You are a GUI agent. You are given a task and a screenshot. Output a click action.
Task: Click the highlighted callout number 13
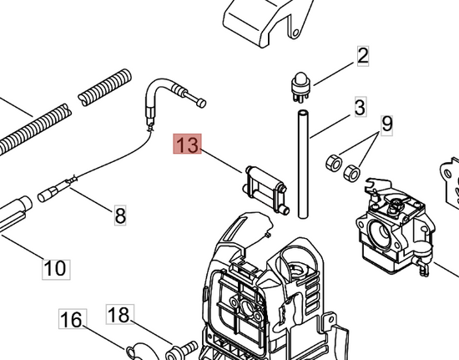point(187,144)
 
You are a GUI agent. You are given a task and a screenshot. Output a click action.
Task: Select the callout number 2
point(363,56)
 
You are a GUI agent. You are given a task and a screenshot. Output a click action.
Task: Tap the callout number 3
point(361,107)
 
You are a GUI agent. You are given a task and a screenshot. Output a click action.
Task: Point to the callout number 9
point(387,125)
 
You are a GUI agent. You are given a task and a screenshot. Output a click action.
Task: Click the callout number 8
point(120,215)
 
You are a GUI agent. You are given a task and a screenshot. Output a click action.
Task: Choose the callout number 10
point(56,270)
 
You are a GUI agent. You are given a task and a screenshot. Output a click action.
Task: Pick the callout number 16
point(73,319)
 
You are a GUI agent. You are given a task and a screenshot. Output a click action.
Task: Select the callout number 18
point(120,314)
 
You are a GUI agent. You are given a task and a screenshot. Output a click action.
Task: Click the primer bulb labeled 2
point(300,86)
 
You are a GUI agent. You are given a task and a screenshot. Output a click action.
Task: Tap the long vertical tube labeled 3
point(303,164)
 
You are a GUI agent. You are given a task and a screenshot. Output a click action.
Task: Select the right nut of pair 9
point(351,174)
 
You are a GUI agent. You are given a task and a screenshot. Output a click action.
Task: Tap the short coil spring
point(104,88)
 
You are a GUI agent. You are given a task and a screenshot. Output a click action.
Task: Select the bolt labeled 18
point(181,350)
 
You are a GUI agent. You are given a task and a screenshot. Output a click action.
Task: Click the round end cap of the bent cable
point(201,103)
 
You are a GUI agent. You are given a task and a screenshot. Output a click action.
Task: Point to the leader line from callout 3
point(330,126)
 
